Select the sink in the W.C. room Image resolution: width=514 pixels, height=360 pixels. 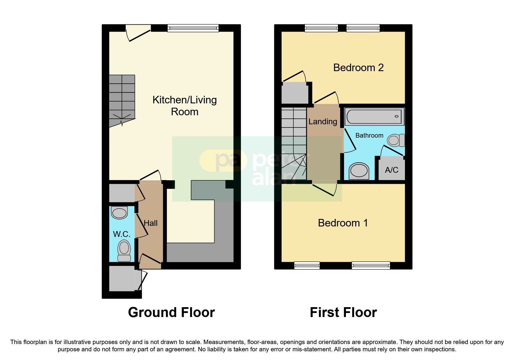tap(120, 213)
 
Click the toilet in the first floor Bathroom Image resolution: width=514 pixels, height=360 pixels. tap(396, 140)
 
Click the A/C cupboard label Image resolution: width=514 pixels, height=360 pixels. tap(392, 170)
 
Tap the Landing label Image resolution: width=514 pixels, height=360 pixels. tap(323, 122)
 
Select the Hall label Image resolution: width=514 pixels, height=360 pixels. tap(151, 223)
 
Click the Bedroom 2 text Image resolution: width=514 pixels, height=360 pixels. tap(358, 68)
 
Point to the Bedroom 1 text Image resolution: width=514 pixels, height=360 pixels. tap(343, 223)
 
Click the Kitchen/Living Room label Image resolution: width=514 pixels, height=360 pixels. tap(185, 106)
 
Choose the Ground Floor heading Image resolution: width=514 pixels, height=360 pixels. tap(171, 312)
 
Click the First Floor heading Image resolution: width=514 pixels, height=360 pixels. tap(343, 312)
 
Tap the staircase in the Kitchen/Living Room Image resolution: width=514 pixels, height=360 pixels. tap(122, 99)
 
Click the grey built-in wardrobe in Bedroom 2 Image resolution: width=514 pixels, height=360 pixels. tap(295, 93)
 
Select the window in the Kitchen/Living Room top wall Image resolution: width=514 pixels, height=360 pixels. tap(193, 28)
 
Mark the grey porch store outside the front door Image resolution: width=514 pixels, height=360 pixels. tap(122, 278)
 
